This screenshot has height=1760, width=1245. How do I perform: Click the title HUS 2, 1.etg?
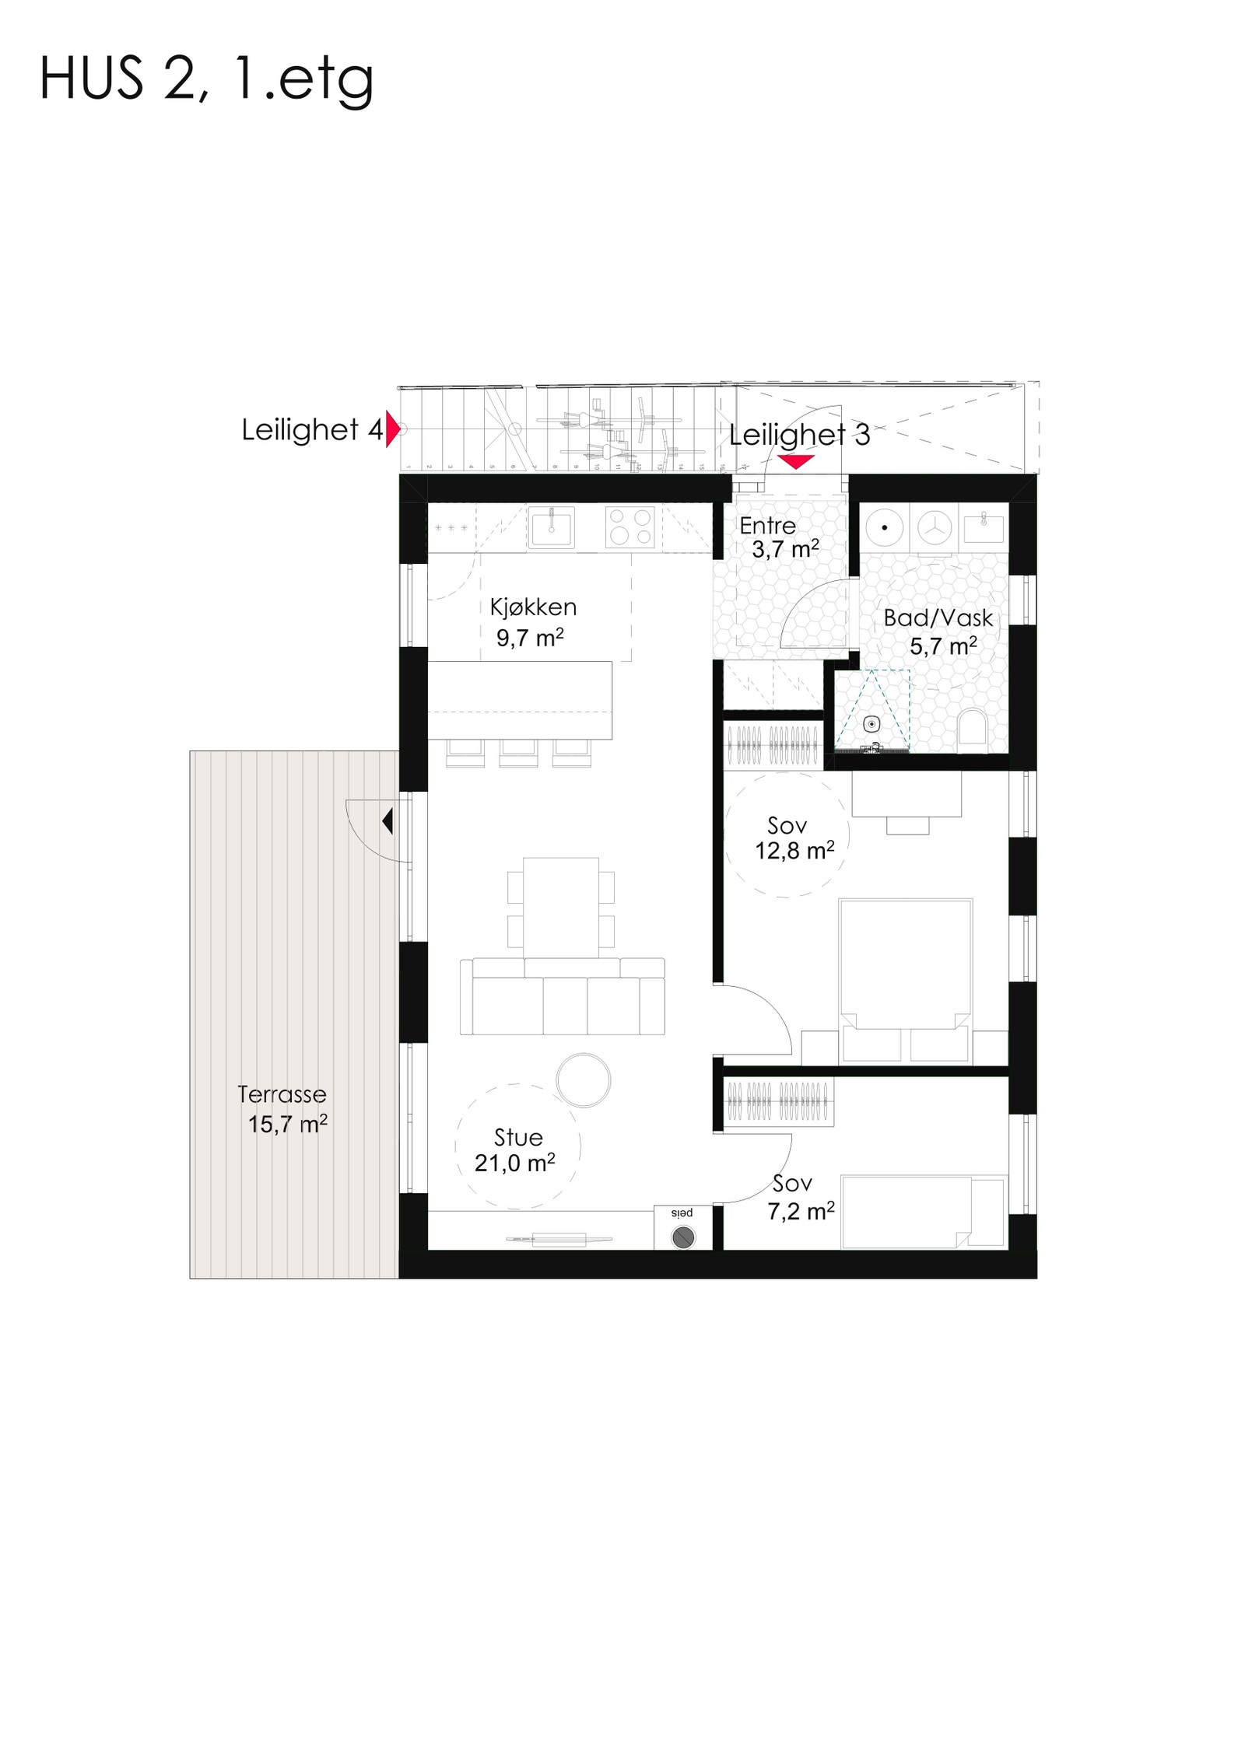pyautogui.click(x=206, y=79)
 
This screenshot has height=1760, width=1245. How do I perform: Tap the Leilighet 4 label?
pyautogui.click(x=311, y=429)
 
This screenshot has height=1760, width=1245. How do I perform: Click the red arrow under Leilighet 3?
pyautogui.click(x=796, y=462)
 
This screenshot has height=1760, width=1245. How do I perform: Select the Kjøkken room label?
pyautogui.click(x=532, y=622)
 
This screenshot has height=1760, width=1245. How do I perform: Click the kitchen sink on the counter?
pyautogui.click(x=551, y=527)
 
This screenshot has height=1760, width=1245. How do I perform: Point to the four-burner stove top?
pyautogui.click(x=630, y=527)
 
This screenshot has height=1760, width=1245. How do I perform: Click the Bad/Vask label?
pyautogui.click(x=938, y=631)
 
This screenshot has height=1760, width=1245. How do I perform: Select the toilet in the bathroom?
pyautogui.click(x=972, y=728)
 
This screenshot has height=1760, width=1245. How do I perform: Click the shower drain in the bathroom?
pyautogui.click(x=871, y=724)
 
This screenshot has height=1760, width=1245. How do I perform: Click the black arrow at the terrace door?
pyautogui.click(x=388, y=821)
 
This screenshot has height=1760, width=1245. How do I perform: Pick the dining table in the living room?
pyautogui.click(x=560, y=907)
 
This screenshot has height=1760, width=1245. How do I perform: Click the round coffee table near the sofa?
pyautogui.click(x=584, y=1079)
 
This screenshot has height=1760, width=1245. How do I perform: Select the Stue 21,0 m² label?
pyautogui.click(x=516, y=1150)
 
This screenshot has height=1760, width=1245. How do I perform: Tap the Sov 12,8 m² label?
pyautogui.click(x=792, y=838)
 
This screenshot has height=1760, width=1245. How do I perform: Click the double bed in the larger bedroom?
pyautogui.click(x=905, y=972)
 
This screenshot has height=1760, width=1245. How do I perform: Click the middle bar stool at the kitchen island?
pyautogui.click(x=518, y=751)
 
